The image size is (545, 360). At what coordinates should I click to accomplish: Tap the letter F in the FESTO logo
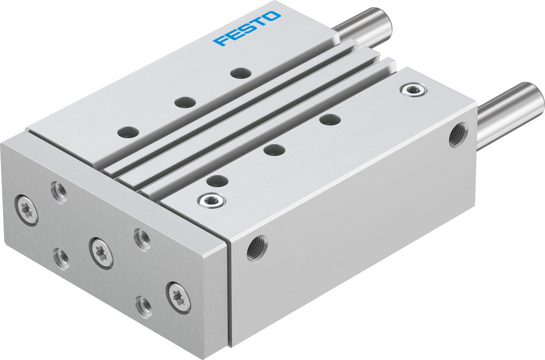(x=221, y=40)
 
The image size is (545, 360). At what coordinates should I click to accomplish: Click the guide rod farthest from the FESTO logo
(x=510, y=112)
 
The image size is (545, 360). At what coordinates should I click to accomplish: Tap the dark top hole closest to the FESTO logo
(x=240, y=73)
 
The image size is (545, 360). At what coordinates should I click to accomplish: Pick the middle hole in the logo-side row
(x=185, y=101)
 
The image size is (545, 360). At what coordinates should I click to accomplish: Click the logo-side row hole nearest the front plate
(x=129, y=131)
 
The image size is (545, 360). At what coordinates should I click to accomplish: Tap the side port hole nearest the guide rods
(x=457, y=135)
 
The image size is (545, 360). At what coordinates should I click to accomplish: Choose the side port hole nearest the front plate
(x=257, y=248)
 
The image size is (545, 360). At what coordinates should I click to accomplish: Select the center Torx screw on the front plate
(x=102, y=253)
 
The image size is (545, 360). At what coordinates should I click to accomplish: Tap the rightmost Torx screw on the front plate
(x=179, y=297)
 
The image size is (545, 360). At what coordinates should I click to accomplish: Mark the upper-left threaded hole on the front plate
(x=59, y=190)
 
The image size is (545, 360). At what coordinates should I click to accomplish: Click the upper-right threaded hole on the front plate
(x=142, y=239)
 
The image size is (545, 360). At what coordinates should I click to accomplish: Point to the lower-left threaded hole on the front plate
(x=61, y=259)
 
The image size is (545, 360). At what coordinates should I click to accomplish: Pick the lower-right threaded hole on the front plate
(x=144, y=306)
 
